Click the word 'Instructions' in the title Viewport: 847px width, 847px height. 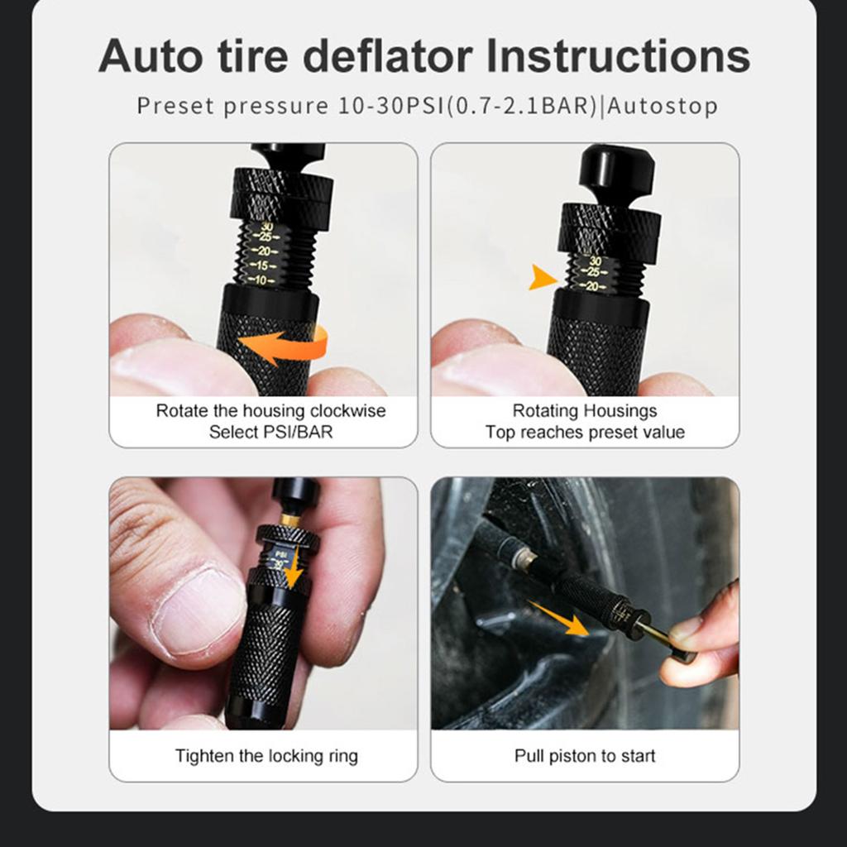[618, 56]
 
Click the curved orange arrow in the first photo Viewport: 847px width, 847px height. [285, 346]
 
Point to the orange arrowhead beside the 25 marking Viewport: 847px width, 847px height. [543, 277]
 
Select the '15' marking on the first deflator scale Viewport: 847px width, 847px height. [264, 266]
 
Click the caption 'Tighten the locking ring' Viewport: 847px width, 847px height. [266, 755]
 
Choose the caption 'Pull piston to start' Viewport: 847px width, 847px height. [585, 755]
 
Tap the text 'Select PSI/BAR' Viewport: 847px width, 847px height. [270, 432]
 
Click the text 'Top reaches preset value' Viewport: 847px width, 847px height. [585, 432]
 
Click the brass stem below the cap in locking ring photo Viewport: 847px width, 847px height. [291, 519]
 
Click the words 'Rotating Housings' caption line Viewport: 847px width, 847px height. [585, 411]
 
